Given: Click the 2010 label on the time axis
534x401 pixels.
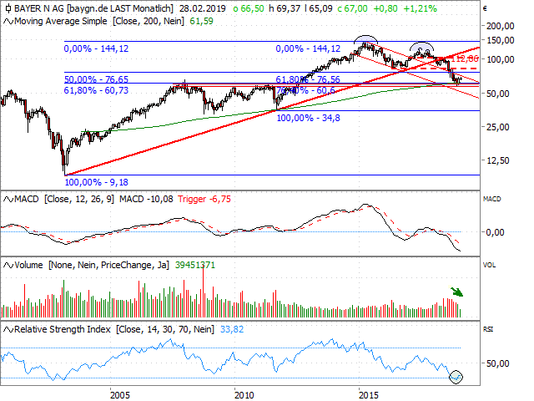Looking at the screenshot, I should tap(243, 393).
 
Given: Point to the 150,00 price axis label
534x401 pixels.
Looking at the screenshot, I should tap(499, 39).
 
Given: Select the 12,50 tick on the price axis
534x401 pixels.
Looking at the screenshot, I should tap(499, 160).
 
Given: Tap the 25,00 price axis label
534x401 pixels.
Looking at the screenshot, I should tap(499, 126).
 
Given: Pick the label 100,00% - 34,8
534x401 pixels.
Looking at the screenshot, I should tap(309, 118).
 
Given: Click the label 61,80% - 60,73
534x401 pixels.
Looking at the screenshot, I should tap(98, 89).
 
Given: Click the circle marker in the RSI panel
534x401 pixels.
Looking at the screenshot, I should tap(456, 377).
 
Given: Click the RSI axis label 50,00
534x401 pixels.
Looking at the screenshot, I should tap(498, 363).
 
